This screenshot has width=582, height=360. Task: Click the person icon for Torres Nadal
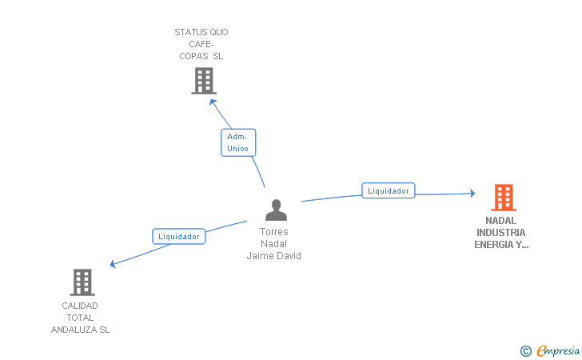[x=276, y=210]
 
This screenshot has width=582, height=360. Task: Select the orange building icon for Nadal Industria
[x=503, y=197]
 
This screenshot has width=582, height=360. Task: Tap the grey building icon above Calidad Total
[x=82, y=282]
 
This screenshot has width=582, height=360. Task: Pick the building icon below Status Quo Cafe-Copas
[x=204, y=81]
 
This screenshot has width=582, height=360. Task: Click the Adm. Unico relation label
[x=238, y=142]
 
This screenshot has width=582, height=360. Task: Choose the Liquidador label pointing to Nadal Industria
[x=389, y=190]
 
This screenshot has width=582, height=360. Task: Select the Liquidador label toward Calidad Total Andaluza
[x=179, y=236]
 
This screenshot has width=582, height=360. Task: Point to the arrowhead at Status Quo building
[x=213, y=102]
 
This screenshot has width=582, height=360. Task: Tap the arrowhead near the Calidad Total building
[x=114, y=264]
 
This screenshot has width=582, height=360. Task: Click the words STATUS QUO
[x=201, y=32]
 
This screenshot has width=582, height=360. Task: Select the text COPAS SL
[x=201, y=56]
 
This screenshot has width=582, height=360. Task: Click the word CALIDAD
[x=80, y=306]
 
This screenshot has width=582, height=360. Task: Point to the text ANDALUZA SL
[x=80, y=330]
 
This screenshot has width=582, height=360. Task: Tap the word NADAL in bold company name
[x=500, y=221]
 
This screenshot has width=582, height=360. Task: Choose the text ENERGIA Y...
[x=500, y=245]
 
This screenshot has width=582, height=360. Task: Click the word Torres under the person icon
[x=274, y=232]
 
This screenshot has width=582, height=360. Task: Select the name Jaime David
[x=274, y=256]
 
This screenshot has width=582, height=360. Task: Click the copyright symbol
[x=525, y=350]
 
